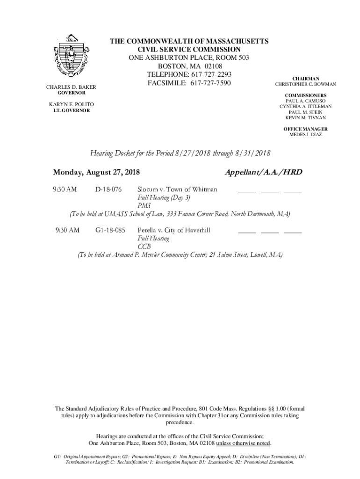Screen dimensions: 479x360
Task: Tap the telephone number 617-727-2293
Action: pos(207,75)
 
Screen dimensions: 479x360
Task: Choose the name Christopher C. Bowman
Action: pos(305,85)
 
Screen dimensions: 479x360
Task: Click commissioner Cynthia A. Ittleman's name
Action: pos(306,107)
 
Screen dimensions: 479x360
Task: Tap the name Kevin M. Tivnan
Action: pos(306,118)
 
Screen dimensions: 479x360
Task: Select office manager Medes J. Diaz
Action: pos(306,135)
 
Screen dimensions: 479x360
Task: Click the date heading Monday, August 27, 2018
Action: pos(97,172)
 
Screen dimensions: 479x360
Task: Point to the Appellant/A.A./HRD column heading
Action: pos(263,172)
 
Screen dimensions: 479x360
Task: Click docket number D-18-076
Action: pos(108,189)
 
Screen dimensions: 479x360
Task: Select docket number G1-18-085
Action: pos(110,230)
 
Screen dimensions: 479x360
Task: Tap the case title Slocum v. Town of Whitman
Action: pos(177,189)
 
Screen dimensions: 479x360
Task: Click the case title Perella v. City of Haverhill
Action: pos(174,230)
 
